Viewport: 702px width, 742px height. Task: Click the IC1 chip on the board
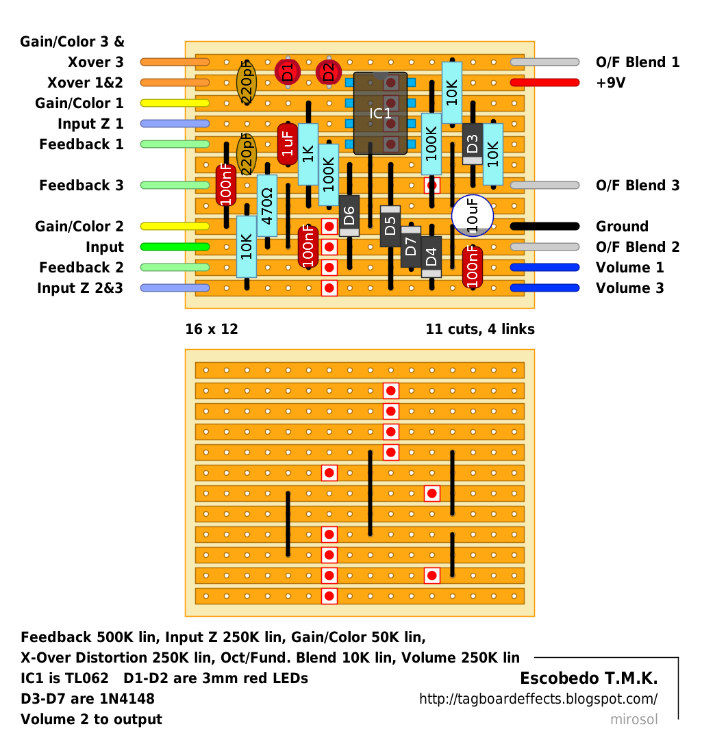pyautogui.click(x=380, y=113)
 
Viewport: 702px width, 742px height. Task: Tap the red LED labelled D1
pyautogui.click(x=288, y=73)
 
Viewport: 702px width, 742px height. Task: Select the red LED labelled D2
pyautogui.click(x=329, y=73)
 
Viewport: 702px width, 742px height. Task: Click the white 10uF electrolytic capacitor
pyautogui.click(x=473, y=216)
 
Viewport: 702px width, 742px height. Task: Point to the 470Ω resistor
pyautogui.click(x=267, y=206)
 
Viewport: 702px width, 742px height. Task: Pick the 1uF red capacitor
pyautogui.click(x=288, y=144)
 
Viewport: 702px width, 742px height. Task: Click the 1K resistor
pyautogui.click(x=308, y=154)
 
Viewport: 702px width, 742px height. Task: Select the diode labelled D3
pyautogui.click(x=473, y=144)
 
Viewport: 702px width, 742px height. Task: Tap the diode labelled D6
pyautogui.click(x=349, y=216)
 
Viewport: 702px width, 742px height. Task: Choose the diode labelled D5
pyautogui.click(x=390, y=226)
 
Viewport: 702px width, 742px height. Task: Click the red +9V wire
pyautogui.click(x=545, y=83)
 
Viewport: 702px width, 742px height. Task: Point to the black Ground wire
pyautogui.click(x=545, y=226)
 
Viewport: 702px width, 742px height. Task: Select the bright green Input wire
pyautogui.click(x=175, y=246)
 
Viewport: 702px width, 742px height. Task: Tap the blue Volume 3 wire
pyautogui.click(x=545, y=287)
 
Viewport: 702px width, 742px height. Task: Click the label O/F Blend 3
pyautogui.click(x=637, y=185)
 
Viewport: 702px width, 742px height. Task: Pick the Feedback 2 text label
pyautogui.click(x=81, y=268)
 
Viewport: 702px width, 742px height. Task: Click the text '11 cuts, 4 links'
pyautogui.click(x=480, y=329)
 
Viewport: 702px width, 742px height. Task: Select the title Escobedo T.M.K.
pyautogui.click(x=589, y=678)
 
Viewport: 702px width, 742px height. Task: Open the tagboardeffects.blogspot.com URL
pyautogui.click(x=538, y=699)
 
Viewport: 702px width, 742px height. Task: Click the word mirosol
pyautogui.click(x=634, y=719)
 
